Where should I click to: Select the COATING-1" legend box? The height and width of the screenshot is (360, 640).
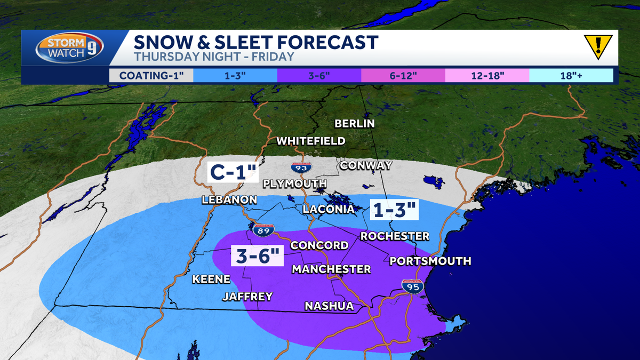151,75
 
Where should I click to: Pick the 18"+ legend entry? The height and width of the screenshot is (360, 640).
571,75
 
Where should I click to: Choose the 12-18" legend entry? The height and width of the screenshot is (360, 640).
487,75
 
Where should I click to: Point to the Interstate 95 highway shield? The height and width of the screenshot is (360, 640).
413,287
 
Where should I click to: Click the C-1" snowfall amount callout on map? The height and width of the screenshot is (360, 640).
233,173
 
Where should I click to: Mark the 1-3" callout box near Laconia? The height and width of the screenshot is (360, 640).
394,209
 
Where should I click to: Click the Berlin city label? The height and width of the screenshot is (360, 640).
354,124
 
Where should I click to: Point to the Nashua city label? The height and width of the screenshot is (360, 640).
329,306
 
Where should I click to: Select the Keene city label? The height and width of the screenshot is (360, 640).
211,279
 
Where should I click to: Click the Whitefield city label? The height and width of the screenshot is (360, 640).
311,141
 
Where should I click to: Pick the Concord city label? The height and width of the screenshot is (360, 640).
319,245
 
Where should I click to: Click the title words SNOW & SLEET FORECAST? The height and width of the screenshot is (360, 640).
256,42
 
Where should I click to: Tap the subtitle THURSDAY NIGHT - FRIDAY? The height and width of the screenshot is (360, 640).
213,55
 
